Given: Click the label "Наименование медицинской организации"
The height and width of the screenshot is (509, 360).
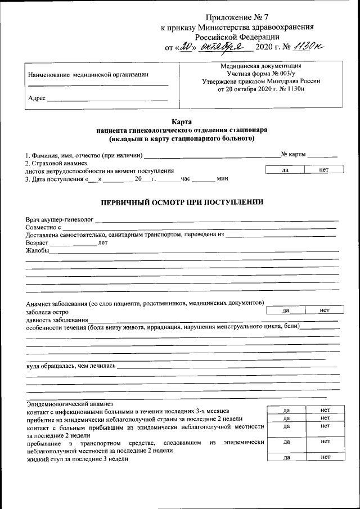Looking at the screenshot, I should click(x=88, y=74).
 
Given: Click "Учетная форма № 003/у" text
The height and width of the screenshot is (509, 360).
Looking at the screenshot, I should click(x=260, y=74).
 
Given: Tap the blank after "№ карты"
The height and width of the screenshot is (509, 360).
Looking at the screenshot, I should click(x=322, y=154).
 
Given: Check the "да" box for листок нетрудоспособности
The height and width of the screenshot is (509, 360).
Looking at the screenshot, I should click(x=285, y=169).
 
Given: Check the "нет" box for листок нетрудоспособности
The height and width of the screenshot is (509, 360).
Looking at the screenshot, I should click(x=323, y=169).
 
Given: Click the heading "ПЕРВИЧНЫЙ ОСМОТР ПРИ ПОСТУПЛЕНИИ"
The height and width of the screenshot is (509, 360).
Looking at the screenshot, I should click(x=182, y=202).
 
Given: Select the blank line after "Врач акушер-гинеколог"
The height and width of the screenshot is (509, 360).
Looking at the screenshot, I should click(x=219, y=219).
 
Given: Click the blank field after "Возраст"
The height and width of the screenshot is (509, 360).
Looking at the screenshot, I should click(x=73, y=243).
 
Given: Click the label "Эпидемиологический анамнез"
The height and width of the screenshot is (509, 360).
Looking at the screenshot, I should click(x=70, y=403).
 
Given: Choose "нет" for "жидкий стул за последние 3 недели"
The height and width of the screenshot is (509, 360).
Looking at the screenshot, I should click(x=325, y=458).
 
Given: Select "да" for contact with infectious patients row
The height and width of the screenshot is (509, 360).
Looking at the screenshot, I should click(x=286, y=411).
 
